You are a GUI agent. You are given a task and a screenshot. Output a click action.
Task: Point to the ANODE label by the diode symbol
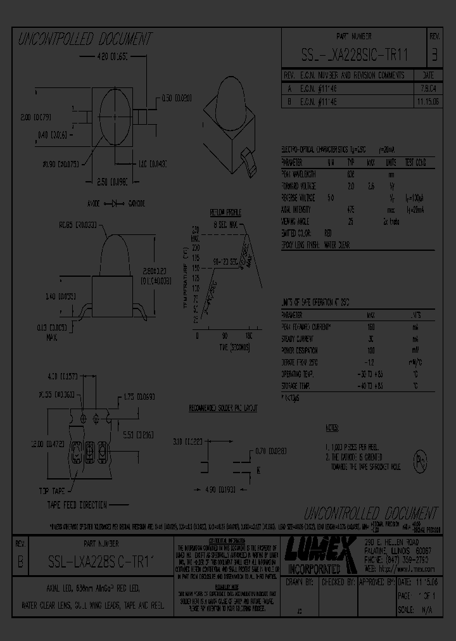pos(95,204)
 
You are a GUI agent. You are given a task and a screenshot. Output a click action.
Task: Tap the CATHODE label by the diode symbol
pos(137,204)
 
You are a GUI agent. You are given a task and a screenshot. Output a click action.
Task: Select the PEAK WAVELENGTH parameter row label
pos(300,174)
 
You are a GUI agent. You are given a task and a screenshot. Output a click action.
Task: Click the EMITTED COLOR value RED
pos(328,233)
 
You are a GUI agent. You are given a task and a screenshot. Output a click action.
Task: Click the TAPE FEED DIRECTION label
pos(78,504)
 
